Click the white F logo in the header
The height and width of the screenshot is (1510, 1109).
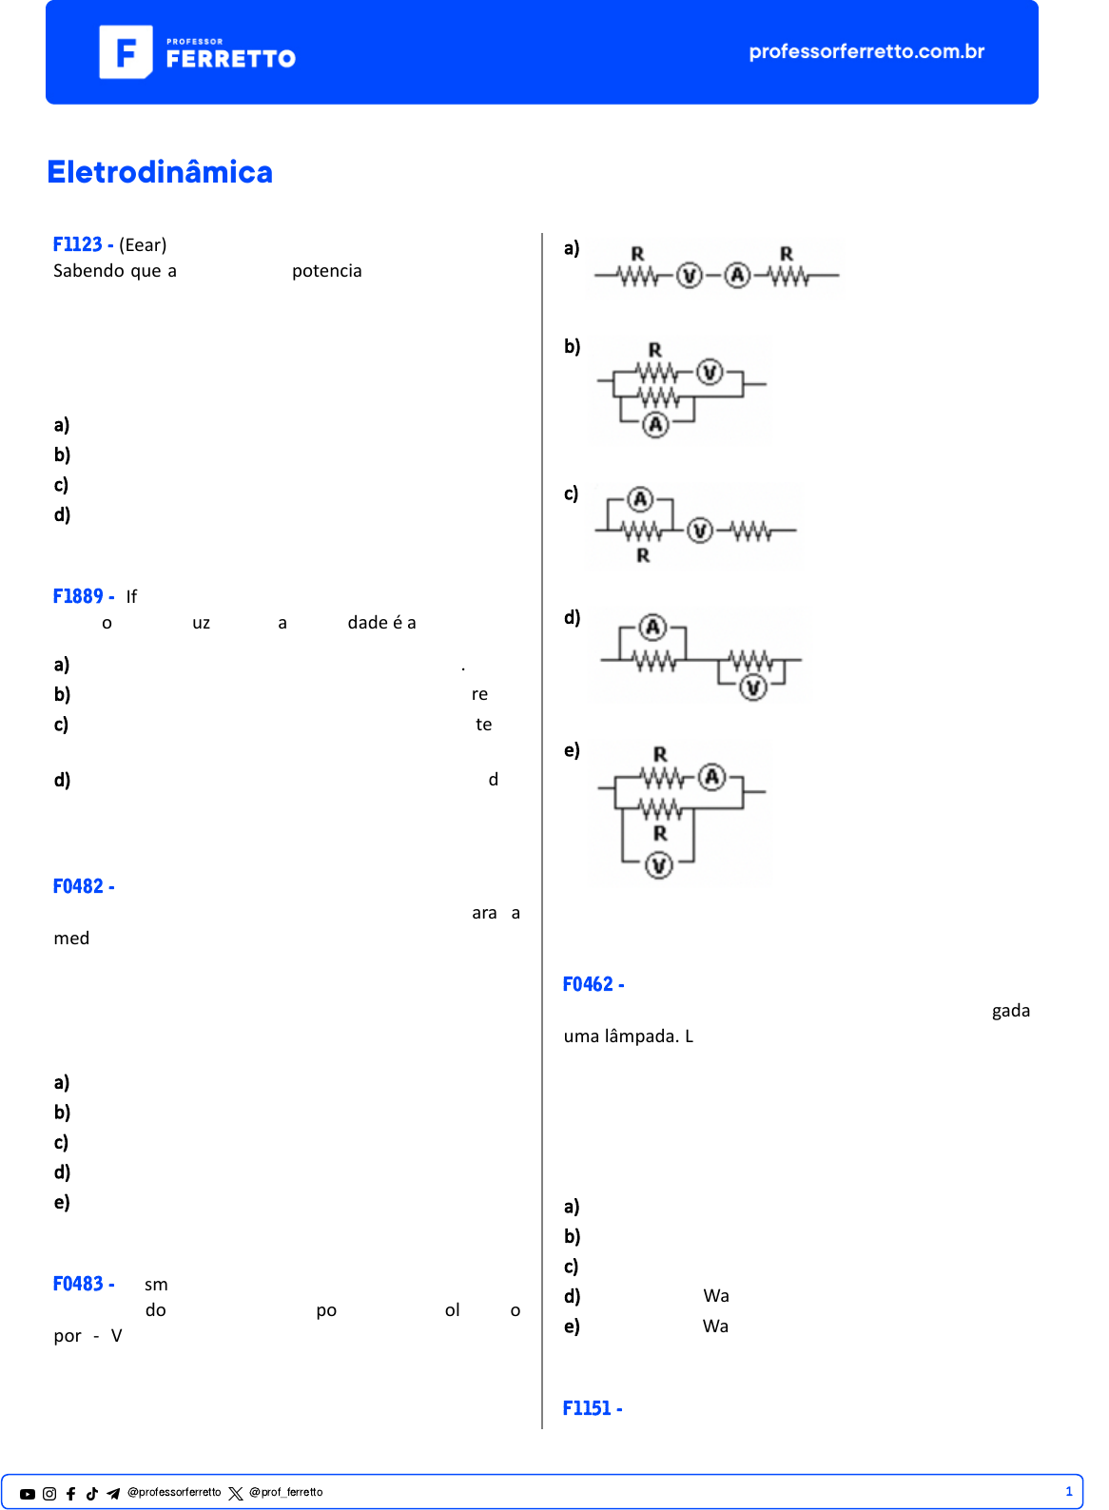pos(126,52)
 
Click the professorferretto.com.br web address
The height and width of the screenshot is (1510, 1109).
pos(866,51)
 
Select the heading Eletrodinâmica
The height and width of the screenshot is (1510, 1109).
pos(160,172)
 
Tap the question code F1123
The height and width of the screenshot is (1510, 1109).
pos(78,244)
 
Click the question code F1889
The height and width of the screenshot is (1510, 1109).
pos(78,596)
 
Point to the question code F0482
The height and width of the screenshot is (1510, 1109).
pos(78,886)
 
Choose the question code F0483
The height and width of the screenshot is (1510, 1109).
pos(78,1284)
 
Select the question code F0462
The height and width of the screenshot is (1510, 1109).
pos(588,984)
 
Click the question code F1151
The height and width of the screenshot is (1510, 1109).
pos(587,1408)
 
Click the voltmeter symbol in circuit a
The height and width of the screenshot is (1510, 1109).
pos(689,276)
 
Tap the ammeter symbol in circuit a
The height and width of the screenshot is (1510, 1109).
pos(737,276)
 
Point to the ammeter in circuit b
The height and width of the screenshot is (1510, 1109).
pos(655,425)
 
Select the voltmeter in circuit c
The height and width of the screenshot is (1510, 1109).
pos(700,530)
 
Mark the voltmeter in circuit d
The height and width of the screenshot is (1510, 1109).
pos(753,687)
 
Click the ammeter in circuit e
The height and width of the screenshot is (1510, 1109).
pos(711,777)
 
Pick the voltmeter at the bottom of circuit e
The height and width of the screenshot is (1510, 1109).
pos(659,864)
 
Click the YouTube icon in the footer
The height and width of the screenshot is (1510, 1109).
pos(28,1494)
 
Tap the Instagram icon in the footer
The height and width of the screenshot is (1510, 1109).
pos(49,1494)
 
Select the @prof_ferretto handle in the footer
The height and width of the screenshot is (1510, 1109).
pos(285,1493)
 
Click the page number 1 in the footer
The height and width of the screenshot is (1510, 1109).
pos(1068,1492)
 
